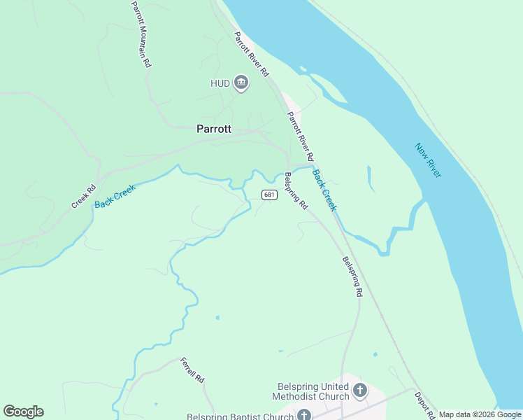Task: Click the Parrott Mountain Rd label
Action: coord(140,34)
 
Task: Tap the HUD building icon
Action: coord(241,83)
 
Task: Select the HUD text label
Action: coord(220,83)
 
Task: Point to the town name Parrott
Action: coord(214,129)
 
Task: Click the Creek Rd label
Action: coord(83,196)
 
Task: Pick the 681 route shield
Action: coord(269,195)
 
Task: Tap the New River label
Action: coord(427,160)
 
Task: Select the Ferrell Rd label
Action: coord(192,370)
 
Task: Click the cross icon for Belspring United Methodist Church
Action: coord(359,391)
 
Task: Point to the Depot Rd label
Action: coord(424,405)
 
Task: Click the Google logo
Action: coord(23,412)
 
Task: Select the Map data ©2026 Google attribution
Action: coord(480,414)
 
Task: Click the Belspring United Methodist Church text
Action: coord(313,391)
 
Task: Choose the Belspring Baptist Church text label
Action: coord(240,416)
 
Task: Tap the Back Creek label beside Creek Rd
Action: coord(114,195)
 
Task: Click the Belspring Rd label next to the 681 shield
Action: coord(296,190)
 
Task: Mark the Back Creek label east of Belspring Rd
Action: coord(324,190)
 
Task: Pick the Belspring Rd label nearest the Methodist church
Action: coord(352,276)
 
